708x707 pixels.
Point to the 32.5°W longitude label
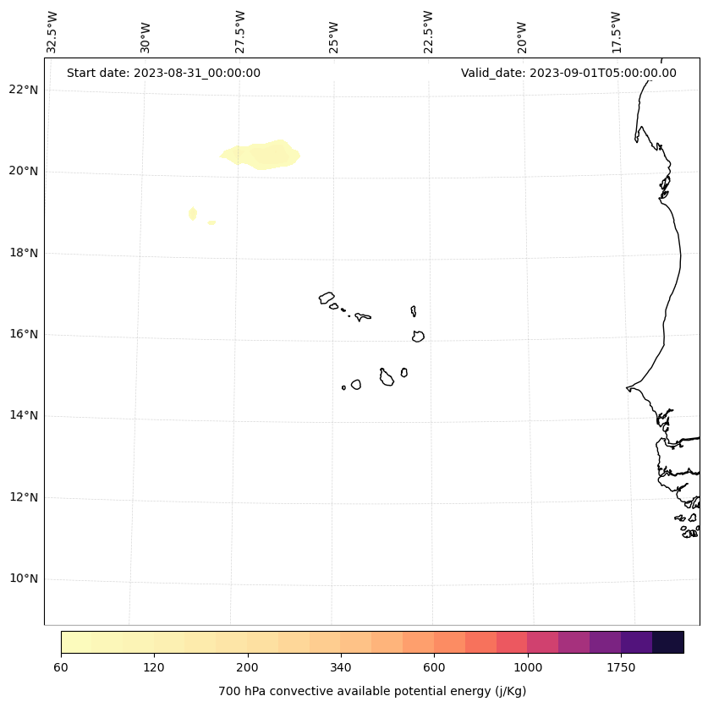tap(52, 32)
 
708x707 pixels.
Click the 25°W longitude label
tap(334, 37)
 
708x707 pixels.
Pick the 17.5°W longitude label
tap(616, 32)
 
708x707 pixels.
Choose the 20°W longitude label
tap(522, 37)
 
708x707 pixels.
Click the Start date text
tap(163, 73)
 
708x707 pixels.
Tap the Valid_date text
tap(568, 73)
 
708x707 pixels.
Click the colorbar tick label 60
tap(61, 667)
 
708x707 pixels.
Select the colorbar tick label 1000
tap(528, 667)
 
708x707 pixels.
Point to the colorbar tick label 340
tap(341, 667)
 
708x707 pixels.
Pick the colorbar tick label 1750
tap(621, 667)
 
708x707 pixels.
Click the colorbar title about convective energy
tap(372, 691)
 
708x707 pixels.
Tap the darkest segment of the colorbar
tap(667, 642)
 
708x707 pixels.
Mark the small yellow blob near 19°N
tap(193, 213)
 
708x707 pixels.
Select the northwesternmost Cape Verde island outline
tap(327, 298)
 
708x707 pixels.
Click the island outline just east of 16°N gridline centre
tap(418, 336)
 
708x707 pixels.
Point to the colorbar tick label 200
tap(248, 667)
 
